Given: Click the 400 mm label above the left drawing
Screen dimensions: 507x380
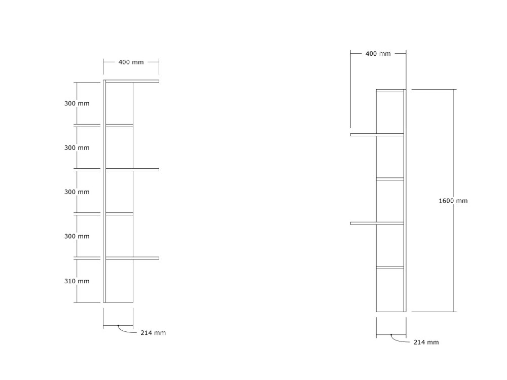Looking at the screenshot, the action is point(131,62).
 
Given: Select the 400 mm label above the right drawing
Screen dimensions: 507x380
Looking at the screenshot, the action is point(378,54).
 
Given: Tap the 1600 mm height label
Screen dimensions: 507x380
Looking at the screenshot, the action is point(453,201).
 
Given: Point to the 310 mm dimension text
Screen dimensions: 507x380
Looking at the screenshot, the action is point(77,281).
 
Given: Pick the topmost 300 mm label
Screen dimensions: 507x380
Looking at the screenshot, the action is point(77,103).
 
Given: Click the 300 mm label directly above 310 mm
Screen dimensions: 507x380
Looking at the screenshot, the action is point(77,236).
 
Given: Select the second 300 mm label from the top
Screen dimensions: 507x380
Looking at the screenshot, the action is point(77,147).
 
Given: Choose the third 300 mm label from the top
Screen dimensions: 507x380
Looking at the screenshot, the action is point(77,192).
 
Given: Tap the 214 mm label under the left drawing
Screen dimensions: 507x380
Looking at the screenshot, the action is point(153,333).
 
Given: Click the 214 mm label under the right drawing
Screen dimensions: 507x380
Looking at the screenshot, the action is point(426,342).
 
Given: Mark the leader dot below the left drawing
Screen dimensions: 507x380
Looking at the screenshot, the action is point(118,325).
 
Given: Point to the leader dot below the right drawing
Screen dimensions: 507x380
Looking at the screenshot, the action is point(391,335).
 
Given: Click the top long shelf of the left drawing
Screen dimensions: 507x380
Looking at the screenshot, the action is point(132,81).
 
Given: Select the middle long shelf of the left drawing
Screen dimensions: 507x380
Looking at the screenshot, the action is point(132,170).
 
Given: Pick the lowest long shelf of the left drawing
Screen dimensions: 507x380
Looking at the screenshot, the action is point(132,258).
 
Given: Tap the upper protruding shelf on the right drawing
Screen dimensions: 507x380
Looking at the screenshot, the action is point(377,135).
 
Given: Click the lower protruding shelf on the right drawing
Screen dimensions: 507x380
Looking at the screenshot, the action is point(377,223).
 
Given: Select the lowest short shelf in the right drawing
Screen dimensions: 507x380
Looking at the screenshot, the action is point(390,268).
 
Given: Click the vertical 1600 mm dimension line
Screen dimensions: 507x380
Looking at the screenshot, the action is point(453,201).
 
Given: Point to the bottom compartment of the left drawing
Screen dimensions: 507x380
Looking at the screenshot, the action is point(119,281).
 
